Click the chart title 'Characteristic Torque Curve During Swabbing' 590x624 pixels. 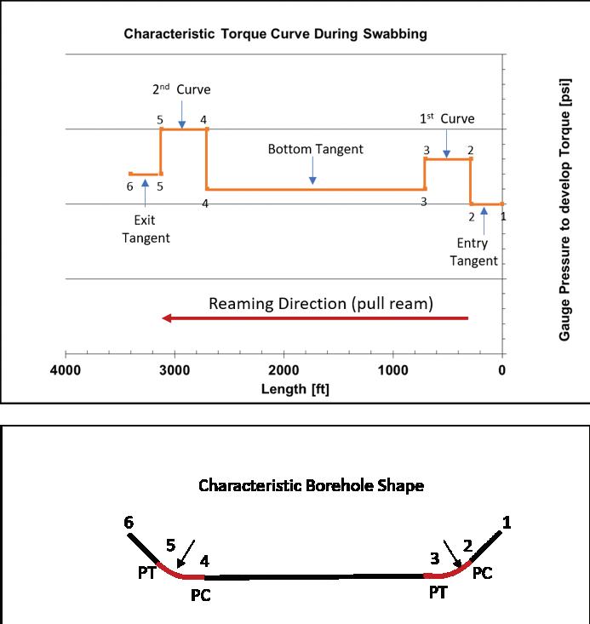coord(275,35)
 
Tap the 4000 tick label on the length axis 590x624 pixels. coord(66,370)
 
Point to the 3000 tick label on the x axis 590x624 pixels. coord(175,370)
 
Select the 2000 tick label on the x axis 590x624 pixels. coord(284,370)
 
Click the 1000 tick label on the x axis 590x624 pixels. coord(392,370)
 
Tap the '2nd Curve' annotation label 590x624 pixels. coord(180,89)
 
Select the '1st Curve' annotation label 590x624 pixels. coord(447,118)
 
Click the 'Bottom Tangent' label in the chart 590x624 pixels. coord(315,149)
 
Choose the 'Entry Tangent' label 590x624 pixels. coord(474,253)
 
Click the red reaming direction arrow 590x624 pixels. coord(315,318)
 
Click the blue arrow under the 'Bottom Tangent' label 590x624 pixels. coord(313,172)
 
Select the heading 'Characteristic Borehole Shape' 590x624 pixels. coord(311,486)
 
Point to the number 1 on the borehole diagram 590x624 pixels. coord(507,524)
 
